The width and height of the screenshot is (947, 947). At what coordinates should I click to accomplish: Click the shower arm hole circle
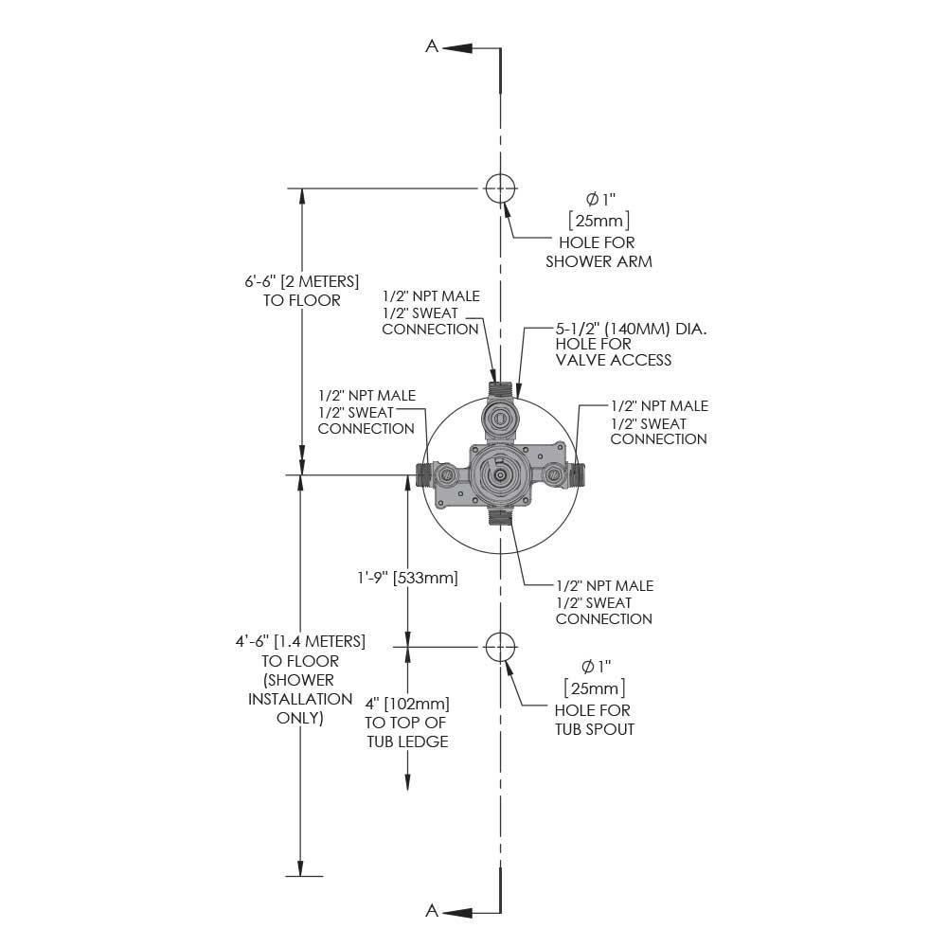pyautogui.click(x=499, y=188)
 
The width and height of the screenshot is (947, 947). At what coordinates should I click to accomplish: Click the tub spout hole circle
pyautogui.click(x=499, y=647)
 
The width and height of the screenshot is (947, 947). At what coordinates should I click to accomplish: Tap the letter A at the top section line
pyautogui.click(x=432, y=46)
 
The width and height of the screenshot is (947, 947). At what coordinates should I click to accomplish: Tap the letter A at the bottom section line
pyautogui.click(x=432, y=911)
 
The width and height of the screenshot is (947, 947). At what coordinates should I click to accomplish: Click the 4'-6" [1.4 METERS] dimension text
pyautogui.click(x=300, y=642)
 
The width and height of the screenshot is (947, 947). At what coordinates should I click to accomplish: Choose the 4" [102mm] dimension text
pyautogui.click(x=407, y=704)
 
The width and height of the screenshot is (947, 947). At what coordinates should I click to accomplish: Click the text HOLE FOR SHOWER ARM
pyautogui.click(x=599, y=252)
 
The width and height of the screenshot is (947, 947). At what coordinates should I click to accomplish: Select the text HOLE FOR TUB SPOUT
pyautogui.click(x=593, y=720)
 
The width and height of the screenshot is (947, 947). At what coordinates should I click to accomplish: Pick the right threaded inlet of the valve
pyautogui.click(x=580, y=474)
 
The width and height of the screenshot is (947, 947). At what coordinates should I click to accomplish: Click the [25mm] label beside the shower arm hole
pyautogui.click(x=599, y=221)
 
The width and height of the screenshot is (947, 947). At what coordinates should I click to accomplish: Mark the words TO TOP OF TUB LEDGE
pyautogui.click(x=407, y=732)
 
